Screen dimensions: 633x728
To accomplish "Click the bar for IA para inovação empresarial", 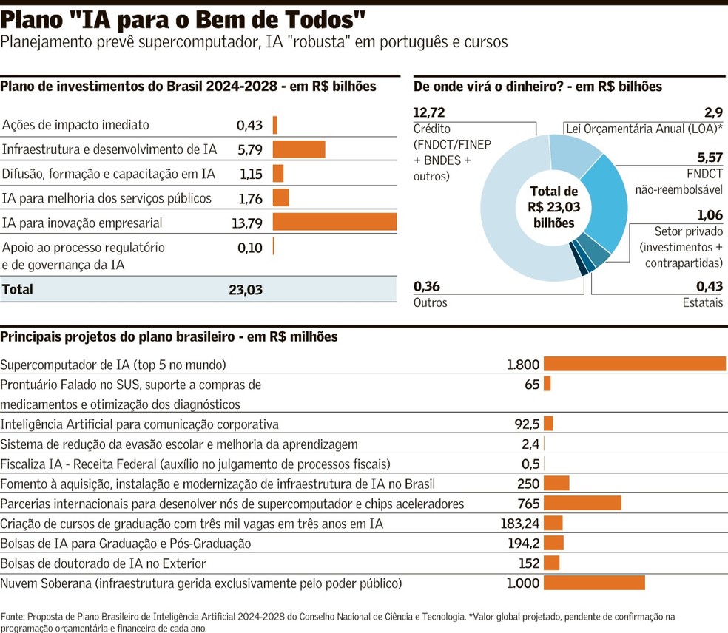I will point(334,223).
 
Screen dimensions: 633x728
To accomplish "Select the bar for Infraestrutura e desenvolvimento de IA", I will point(299,149).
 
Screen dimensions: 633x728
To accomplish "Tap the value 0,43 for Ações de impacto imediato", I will point(250,125).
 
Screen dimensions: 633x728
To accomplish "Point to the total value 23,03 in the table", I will point(246,290).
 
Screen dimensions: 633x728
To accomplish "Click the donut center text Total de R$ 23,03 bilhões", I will point(553,207).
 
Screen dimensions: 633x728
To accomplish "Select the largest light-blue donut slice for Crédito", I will point(510,222).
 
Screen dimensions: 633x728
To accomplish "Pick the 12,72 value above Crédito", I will point(430,112).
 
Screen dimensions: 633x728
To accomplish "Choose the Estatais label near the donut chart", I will point(702,302).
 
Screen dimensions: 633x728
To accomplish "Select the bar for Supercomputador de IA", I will point(635,364).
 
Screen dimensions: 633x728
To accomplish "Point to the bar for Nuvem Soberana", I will point(594,583).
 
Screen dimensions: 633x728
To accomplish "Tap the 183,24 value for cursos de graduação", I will point(520,524).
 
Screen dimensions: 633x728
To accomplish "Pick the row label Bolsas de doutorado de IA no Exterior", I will point(103,563).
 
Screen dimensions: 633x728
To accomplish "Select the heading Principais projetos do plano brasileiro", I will point(169,336).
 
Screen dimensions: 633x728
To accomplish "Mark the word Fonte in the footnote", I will point(13,616).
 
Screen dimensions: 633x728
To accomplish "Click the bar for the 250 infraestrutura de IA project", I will point(556,484).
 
